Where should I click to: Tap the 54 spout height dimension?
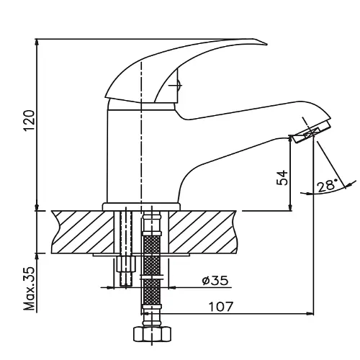(282, 178)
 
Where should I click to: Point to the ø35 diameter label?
(215, 280)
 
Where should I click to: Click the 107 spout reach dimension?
(221, 307)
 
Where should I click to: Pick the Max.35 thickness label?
(29, 288)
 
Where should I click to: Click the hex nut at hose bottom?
(152, 333)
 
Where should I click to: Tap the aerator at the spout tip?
(311, 132)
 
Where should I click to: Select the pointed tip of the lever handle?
(267, 44)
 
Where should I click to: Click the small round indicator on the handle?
(179, 85)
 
